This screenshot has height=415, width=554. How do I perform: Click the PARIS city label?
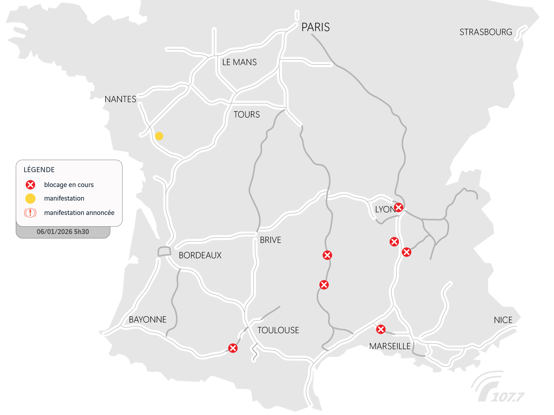pyautogui.click(x=316, y=27)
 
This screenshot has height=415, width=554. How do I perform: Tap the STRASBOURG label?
pyautogui.click(x=486, y=32)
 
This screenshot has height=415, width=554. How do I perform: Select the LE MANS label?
pyautogui.click(x=239, y=62)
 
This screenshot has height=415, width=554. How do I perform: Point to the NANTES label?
pyautogui.click(x=120, y=99)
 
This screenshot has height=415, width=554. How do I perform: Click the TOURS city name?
pyautogui.click(x=247, y=115)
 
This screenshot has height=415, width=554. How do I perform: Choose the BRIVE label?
pyautogui.click(x=270, y=240)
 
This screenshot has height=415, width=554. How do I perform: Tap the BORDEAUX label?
pyautogui.click(x=200, y=255)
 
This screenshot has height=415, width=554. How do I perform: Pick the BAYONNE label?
pyautogui.click(x=147, y=320)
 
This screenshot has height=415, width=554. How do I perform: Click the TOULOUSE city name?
pyautogui.click(x=278, y=330)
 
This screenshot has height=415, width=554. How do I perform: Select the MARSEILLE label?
pyautogui.click(x=390, y=346)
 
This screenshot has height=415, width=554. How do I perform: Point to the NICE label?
pyautogui.click(x=503, y=320)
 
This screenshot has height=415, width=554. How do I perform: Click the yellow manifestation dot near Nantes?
pyautogui.click(x=159, y=136)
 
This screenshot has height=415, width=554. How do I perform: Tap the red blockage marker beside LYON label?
pyautogui.click(x=398, y=207)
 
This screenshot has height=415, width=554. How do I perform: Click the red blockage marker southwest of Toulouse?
pyautogui.click(x=233, y=348)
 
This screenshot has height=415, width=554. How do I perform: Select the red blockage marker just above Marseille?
pyautogui.click(x=381, y=329)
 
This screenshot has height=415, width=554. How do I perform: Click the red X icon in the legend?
pyautogui.click(x=30, y=185)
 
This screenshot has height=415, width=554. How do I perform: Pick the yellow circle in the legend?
pyautogui.click(x=30, y=198)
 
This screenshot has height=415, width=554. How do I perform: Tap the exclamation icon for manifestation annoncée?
pyautogui.click(x=30, y=213)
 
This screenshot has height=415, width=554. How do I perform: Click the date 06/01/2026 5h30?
pyautogui.click(x=63, y=232)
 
